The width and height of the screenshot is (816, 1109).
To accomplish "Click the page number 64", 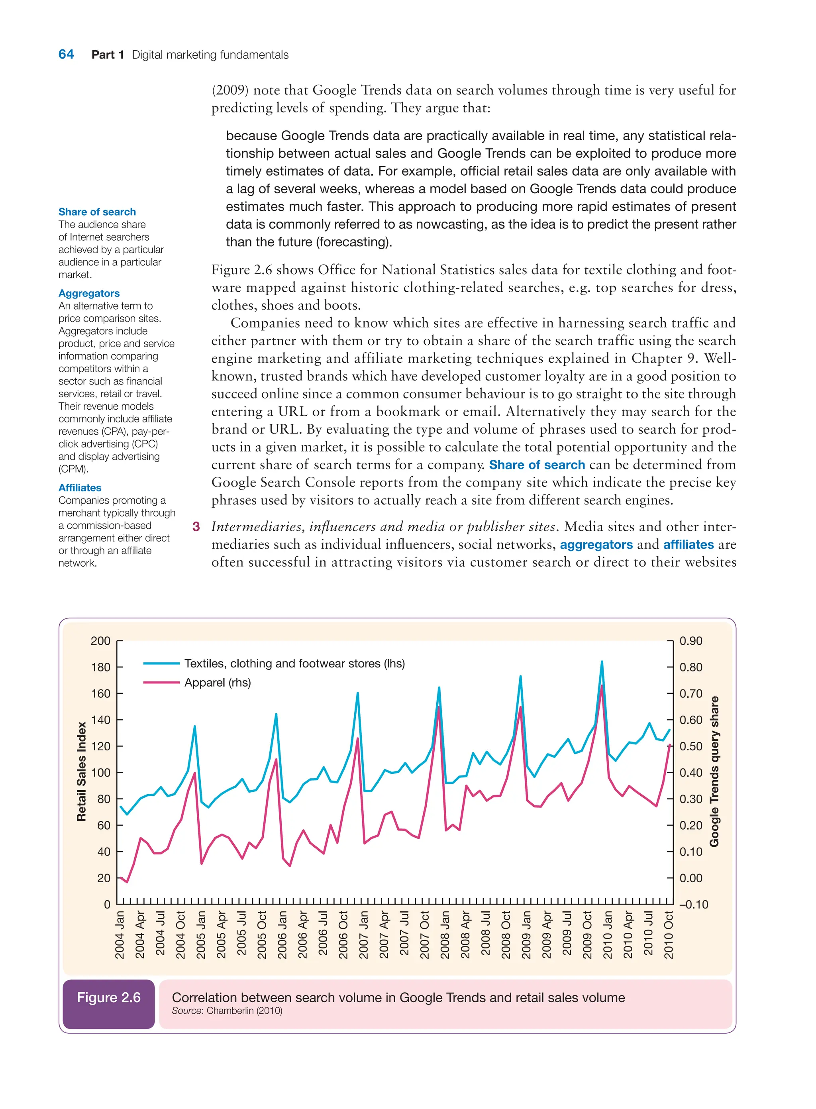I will coord(66,54).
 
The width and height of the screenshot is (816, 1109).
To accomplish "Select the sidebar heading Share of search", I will coord(97,212).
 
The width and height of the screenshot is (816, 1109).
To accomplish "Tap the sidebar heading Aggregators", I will coord(89,293).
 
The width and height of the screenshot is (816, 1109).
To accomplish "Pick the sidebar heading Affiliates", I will coord(80,488).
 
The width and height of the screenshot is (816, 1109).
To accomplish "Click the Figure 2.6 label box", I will coord(109,997).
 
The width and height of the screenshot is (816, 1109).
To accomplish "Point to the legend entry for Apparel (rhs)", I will coord(217,683).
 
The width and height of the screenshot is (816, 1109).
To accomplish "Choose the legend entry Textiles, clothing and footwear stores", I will coord(294,663).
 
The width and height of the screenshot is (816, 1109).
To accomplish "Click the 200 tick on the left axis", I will coord(100,641).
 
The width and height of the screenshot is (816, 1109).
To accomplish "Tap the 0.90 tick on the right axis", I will coord(690,641).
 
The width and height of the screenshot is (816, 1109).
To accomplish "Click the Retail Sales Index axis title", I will coord(82,771).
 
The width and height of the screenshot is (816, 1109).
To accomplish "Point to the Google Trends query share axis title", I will coord(714,771).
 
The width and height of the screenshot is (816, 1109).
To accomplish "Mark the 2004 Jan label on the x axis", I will coord(120,934).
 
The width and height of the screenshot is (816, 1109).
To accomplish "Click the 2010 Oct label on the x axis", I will coord(669,934).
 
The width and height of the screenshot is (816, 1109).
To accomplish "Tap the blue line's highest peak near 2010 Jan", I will coord(602,662).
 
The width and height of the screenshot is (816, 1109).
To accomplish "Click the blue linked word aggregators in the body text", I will coord(596,544).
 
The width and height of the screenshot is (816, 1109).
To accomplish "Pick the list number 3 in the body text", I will coord(196,526).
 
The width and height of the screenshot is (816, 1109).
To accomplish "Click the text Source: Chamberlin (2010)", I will coord(227,1011).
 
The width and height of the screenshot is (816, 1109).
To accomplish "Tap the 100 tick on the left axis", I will coord(100,773).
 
